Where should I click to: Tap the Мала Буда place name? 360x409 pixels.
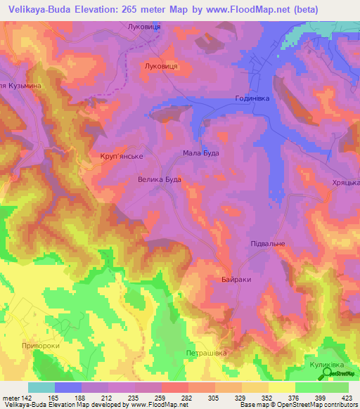201,152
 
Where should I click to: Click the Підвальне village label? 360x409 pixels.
267,243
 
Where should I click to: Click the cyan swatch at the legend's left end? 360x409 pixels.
41,387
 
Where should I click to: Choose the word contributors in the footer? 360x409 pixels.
338,404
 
